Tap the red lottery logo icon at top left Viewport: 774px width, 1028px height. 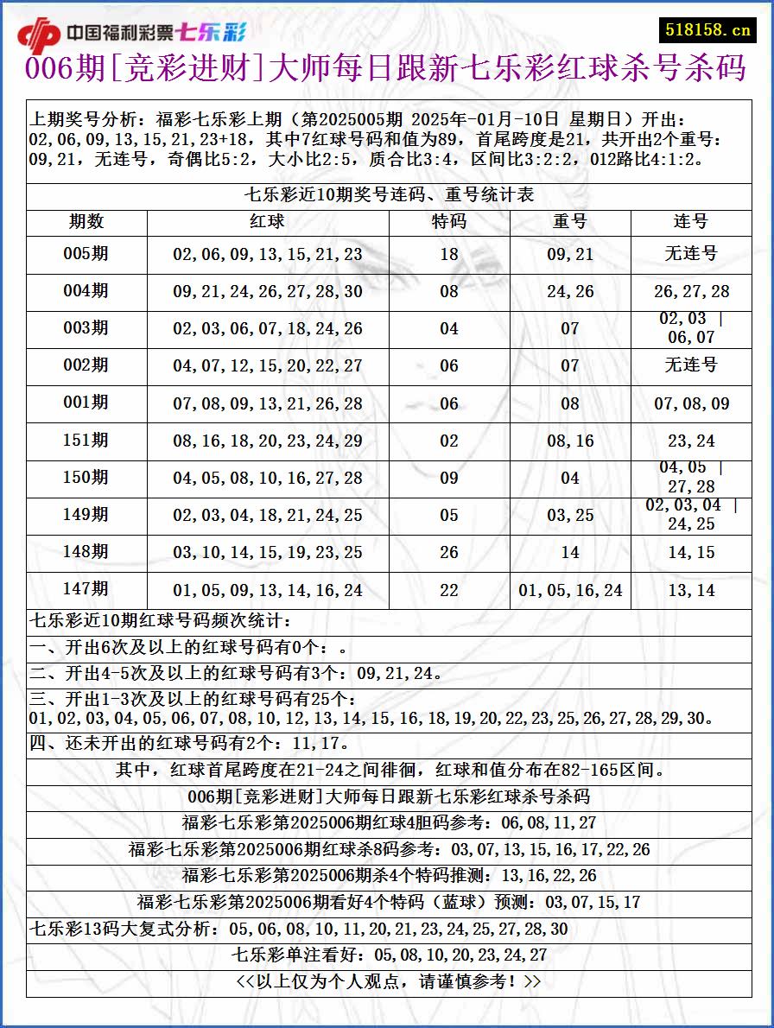pyautogui.click(x=39, y=35)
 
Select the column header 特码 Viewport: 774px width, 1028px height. pyautogui.click(x=449, y=222)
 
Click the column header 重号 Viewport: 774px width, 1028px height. pyautogui.click(x=570, y=222)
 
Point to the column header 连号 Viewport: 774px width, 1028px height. pyautogui.click(x=691, y=222)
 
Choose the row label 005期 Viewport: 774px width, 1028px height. pyautogui.click(x=86, y=254)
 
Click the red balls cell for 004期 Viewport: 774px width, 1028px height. pyautogui.click(x=268, y=292)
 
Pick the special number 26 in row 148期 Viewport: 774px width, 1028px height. pyautogui.click(x=449, y=553)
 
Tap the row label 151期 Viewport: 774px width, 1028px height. pyautogui.click(x=86, y=441)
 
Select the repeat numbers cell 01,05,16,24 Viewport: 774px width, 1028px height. pyautogui.click(x=570, y=591)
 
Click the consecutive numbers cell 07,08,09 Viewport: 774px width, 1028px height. pyautogui.click(x=691, y=403)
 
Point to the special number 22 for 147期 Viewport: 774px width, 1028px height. pyautogui.click(x=449, y=591)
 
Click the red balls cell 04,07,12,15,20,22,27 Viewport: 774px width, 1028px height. pyautogui.click(x=268, y=366)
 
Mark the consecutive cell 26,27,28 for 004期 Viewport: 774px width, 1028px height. pyautogui.click(x=691, y=292)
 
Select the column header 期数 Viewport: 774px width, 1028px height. pyautogui.click(x=86, y=222)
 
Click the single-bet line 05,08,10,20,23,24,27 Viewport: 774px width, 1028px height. pyautogui.click(x=389, y=955)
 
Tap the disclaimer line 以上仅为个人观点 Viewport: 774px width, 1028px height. pyautogui.click(x=389, y=982)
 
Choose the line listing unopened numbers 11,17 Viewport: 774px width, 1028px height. pyautogui.click(x=190, y=744)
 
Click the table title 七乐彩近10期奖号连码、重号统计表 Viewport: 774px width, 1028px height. pyautogui.click(x=389, y=195)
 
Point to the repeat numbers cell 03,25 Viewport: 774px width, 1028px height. pyautogui.click(x=570, y=516)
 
